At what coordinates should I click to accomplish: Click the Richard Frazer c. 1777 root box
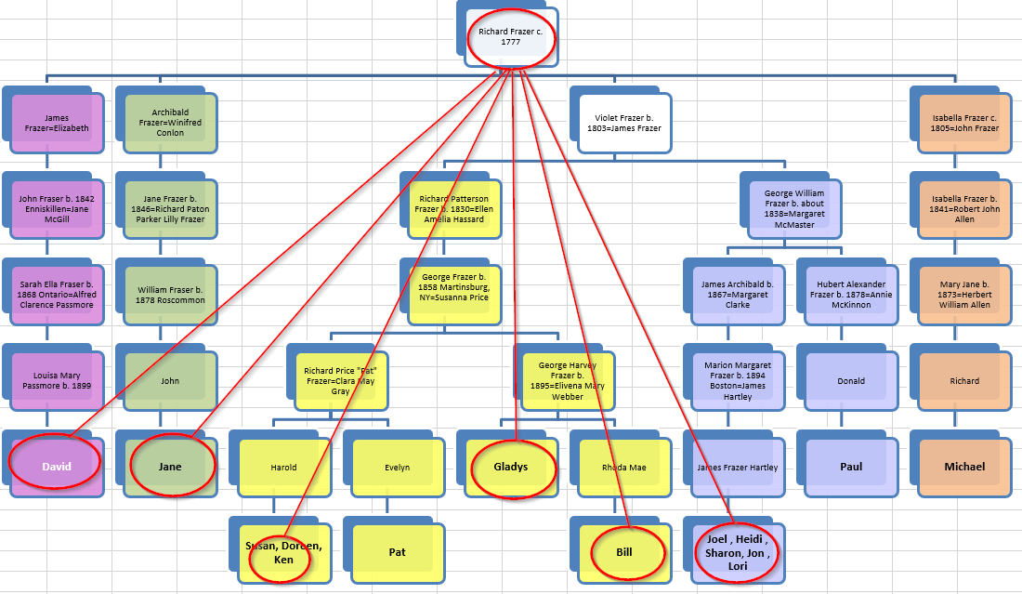(x=511, y=37)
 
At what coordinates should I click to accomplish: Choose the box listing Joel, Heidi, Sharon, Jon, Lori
(x=735, y=552)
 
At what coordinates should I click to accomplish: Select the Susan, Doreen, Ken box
(x=282, y=552)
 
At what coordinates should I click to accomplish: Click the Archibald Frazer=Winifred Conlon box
(x=170, y=122)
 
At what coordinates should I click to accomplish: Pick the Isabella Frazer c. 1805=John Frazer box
(x=964, y=122)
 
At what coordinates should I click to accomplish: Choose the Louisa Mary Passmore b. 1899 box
(x=56, y=381)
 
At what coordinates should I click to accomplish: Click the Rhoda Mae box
(x=624, y=468)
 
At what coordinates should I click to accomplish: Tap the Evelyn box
(x=397, y=468)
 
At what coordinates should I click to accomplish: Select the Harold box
(x=283, y=468)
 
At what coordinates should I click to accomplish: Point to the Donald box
(x=851, y=381)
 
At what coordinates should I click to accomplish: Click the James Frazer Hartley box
(x=738, y=468)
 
